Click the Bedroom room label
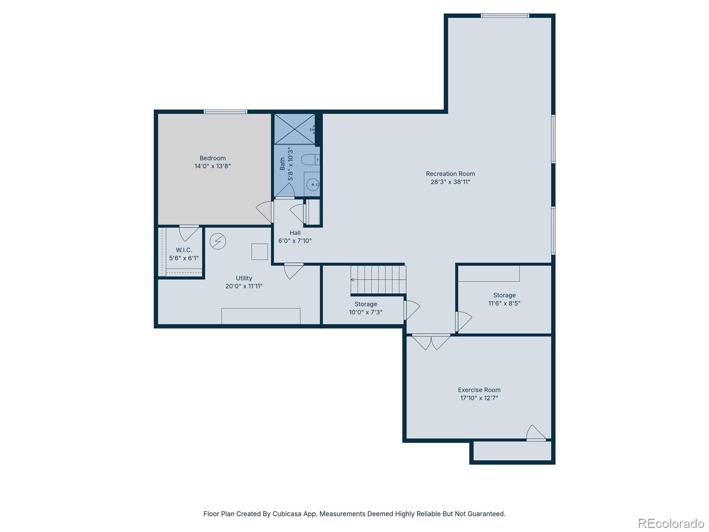[212, 158]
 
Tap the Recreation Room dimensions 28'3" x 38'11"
[450, 182]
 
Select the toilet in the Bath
[310, 159]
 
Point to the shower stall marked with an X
[294, 129]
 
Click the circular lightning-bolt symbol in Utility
[218, 242]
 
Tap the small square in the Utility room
[260, 251]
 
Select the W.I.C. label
[184, 250]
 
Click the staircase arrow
[353, 280]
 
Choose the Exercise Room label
[479, 390]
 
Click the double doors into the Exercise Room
[431, 341]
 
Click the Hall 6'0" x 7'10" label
[295, 237]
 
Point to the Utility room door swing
[293, 270]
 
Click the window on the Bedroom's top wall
[226, 112]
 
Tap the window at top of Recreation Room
[505, 16]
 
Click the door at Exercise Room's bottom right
[536, 433]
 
